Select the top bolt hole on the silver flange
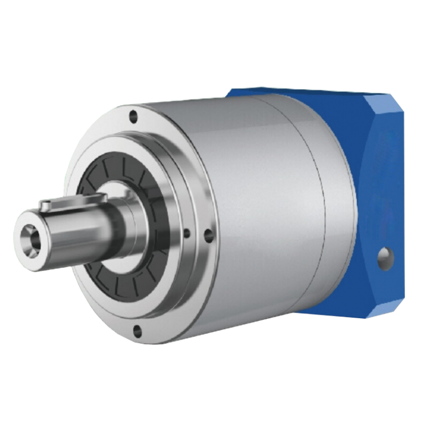tap(133, 117)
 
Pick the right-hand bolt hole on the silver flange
tap(208, 236)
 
